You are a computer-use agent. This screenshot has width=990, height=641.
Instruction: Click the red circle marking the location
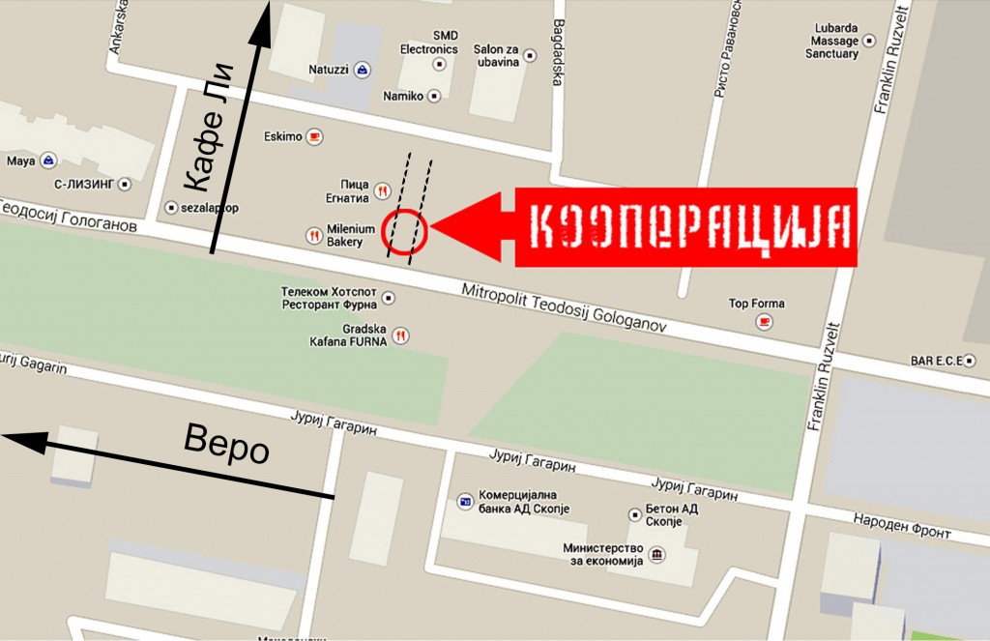[x=405, y=230]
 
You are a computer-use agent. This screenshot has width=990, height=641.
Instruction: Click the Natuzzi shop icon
[x=362, y=71]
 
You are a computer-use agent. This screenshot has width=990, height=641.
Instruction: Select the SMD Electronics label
[x=431, y=43]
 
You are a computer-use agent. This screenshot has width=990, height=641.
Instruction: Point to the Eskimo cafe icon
[x=314, y=136]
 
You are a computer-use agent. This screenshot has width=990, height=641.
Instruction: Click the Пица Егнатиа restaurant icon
[x=383, y=190]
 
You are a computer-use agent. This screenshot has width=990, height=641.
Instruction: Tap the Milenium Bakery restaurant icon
[x=313, y=235]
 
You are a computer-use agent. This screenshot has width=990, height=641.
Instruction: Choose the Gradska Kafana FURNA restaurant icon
[x=400, y=335]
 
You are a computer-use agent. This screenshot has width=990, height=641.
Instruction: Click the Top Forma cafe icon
[x=765, y=321]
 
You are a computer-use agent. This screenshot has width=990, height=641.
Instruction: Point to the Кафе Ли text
[x=209, y=127]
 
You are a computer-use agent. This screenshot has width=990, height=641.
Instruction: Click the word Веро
[x=226, y=446]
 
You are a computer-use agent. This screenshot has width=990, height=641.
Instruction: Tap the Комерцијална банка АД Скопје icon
[x=465, y=502]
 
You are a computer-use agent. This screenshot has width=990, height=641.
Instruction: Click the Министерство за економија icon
[x=657, y=554]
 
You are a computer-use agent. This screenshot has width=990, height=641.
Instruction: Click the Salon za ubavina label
[x=497, y=55]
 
